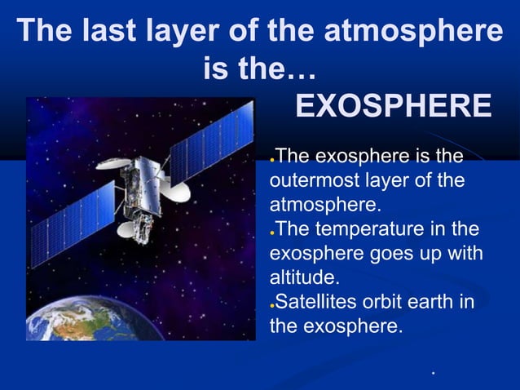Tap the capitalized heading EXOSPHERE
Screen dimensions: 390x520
392,106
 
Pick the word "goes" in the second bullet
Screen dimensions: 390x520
386,254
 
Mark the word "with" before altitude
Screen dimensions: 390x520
465,254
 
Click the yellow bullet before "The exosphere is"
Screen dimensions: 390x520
273,157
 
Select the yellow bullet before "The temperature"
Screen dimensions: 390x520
273,231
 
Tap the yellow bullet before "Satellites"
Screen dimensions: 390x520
273,306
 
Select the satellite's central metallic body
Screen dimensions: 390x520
147,184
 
